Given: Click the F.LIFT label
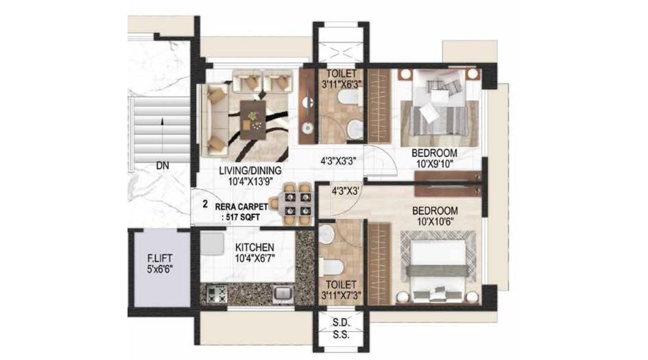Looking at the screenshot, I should click(x=158, y=259).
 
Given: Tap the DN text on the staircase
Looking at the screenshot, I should click(x=162, y=165).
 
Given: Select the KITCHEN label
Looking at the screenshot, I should click(x=255, y=248).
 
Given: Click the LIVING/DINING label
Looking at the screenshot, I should click(x=250, y=171).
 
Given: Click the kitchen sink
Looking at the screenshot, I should click(x=281, y=293).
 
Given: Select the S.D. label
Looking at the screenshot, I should click(x=341, y=323).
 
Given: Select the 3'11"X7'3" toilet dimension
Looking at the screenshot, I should click(x=341, y=296).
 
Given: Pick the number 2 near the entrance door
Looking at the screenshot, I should click(x=205, y=204).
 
